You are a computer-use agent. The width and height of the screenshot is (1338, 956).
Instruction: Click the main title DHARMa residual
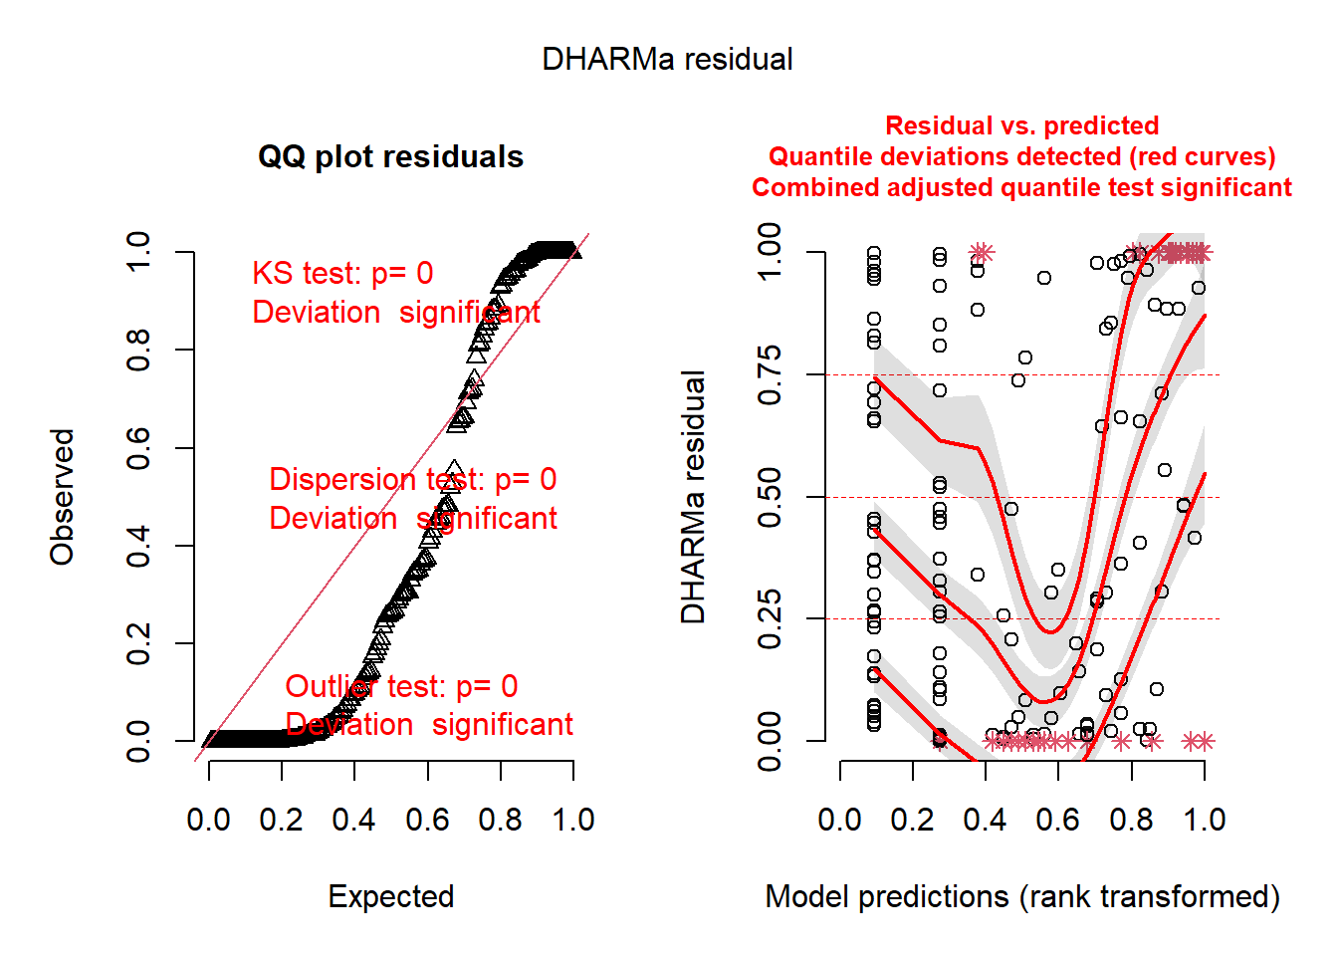tap(667, 60)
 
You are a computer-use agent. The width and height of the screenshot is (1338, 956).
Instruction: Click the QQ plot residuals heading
tap(390, 157)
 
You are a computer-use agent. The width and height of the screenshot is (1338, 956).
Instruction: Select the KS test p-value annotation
tap(342, 274)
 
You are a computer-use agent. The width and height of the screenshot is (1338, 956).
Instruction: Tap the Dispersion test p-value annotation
tap(412, 480)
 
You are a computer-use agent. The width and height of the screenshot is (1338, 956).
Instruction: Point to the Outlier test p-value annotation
tap(401, 686)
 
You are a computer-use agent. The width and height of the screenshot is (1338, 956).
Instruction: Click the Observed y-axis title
tap(63, 497)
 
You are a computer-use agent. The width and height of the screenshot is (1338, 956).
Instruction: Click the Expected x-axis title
tap(390, 896)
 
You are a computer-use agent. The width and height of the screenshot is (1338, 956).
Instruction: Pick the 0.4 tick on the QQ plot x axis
tap(354, 820)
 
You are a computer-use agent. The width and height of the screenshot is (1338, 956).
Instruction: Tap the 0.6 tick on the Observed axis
tap(138, 448)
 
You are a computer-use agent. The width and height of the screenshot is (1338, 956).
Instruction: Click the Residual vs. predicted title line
tap(1021, 125)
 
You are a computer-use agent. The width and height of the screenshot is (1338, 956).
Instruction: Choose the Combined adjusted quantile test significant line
tap(1021, 187)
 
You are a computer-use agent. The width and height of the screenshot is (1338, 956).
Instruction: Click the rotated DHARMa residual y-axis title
tap(693, 497)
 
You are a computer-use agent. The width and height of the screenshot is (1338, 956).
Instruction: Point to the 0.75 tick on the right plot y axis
tap(770, 375)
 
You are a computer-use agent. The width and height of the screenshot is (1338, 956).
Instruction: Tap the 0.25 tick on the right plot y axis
tap(770, 619)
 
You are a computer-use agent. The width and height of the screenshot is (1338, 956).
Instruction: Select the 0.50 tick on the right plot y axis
tap(770, 497)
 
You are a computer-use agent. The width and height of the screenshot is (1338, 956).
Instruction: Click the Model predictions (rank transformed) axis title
tap(1021, 896)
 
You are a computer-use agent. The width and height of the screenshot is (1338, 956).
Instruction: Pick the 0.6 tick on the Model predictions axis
tap(1058, 820)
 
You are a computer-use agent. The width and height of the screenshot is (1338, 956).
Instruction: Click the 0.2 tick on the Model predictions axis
tap(913, 820)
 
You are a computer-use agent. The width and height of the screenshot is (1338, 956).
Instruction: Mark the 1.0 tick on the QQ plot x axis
tap(573, 820)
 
